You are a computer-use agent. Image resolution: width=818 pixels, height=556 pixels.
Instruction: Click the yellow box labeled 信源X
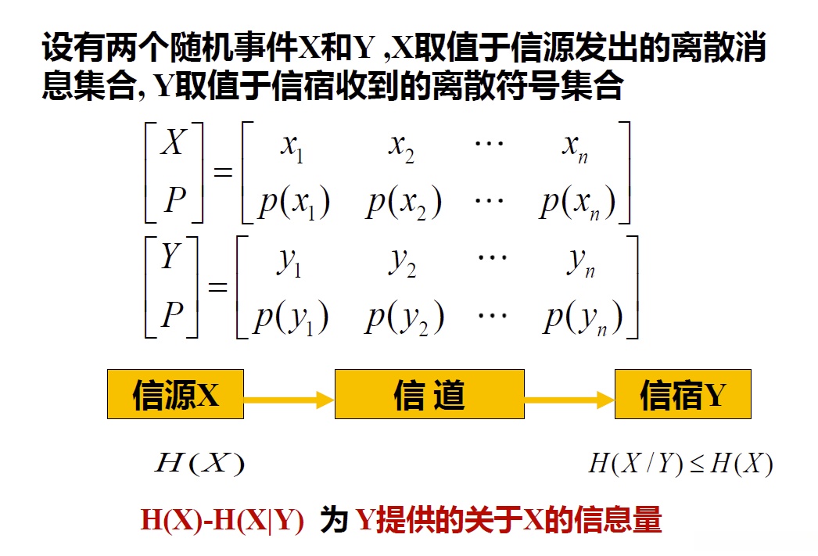coord(175,395)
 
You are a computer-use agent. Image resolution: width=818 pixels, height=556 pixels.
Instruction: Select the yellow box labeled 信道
coord(429,395)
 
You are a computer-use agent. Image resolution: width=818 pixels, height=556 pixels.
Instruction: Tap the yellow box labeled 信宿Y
coord(683,395)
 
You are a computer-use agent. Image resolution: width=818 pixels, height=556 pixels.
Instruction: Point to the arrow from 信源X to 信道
coord(289,400)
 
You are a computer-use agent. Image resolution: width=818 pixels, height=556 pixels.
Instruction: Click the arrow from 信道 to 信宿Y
coord(569,400)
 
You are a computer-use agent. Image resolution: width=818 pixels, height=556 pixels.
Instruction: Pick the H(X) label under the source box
coord(199,465)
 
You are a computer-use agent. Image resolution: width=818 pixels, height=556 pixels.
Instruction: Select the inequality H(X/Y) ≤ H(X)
coord(680,465)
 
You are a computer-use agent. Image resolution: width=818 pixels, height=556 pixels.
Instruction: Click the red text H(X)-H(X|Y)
coord(222,521)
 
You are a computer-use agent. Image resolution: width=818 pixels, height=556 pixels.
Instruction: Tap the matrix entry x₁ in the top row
coord(292,148)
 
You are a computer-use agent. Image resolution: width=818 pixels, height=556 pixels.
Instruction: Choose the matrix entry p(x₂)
coord(404,203)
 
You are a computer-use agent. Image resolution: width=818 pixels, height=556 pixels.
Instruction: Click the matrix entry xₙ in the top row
coord(575,148)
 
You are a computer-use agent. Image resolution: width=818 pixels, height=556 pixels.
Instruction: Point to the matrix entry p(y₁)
coord(291,317)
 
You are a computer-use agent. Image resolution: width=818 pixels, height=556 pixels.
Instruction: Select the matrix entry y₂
coord(402,264)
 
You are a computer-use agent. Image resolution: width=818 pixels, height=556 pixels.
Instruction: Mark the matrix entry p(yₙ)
coord(583,317)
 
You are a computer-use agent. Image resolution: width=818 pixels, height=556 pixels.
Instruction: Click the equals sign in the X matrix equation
coord(223,172)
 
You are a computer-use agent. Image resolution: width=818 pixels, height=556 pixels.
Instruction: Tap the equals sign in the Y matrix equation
coord(218,286)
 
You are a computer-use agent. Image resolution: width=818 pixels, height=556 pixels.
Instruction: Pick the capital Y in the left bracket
coord(170,257)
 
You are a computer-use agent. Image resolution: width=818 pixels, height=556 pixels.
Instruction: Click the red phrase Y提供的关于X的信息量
coord(509,521)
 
